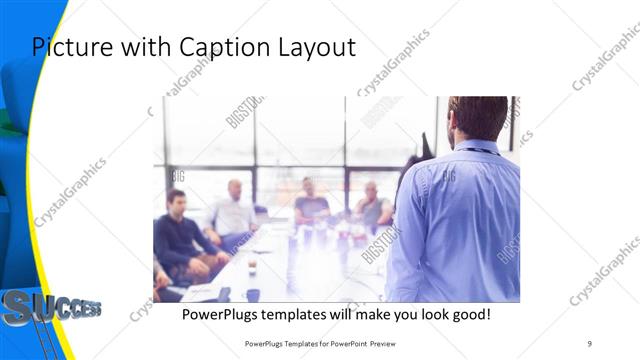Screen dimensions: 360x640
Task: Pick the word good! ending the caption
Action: [x=468, y=314]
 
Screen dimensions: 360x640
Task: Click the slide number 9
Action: [x=590, y=343]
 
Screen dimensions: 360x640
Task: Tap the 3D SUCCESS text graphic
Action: [x=50, y=307]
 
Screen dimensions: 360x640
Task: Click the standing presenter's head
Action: [x=477, y=118]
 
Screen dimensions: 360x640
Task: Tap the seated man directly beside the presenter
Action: [x=373, y=205]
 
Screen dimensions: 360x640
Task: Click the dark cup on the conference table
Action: [x=253, y=295]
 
